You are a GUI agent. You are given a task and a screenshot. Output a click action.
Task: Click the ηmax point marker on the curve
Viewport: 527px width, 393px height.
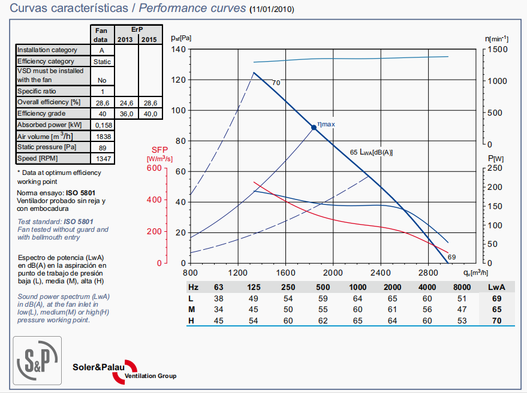click(x=314, y=127)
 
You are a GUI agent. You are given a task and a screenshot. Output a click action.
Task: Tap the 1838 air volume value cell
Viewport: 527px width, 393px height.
click(x=101, y=136)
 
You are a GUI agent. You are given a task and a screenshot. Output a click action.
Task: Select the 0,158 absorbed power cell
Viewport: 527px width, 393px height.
click(x=101, y=125)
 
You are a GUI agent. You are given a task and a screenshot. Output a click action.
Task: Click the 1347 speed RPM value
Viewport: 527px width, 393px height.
click(x=101, y=159)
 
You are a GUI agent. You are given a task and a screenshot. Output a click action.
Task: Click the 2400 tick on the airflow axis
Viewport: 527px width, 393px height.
click(x=380, y=271)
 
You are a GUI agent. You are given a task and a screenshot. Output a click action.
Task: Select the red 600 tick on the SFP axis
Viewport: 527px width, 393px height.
click(x=155, y=168)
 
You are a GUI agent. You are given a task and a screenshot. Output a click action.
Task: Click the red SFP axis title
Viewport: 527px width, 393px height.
click(x=159, y=150)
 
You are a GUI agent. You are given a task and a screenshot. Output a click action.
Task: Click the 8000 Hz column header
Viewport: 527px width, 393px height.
click(x=461, y=288)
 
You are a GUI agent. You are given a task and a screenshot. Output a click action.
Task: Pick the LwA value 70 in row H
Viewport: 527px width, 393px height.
click(x=497, y=320)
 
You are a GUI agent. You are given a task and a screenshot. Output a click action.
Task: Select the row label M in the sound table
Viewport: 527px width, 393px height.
click(x=191, y=309)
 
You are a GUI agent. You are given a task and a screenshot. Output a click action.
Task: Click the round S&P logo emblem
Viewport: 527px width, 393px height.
click(x=37, y=358)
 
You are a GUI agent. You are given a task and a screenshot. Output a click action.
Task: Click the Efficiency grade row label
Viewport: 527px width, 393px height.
click(x=46, y=113)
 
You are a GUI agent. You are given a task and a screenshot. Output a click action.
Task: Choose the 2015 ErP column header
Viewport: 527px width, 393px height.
click(x=150, y=40)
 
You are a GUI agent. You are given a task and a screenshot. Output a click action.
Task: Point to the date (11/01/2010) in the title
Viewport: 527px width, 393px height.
click(x=272, y=10)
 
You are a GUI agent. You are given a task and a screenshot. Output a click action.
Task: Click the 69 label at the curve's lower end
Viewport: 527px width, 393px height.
click(x=451, y=256)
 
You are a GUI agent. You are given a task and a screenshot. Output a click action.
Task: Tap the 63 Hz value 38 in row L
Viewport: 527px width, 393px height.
click(x=219, y=298)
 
